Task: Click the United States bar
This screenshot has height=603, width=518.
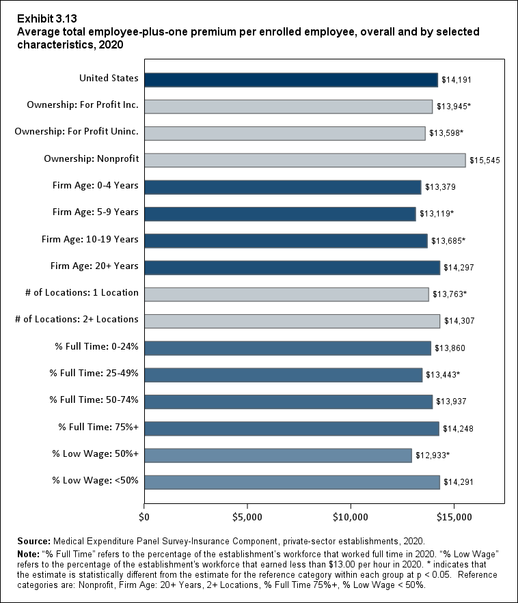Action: tap(290, 80)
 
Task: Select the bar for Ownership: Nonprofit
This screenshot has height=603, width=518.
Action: tap(305, 160)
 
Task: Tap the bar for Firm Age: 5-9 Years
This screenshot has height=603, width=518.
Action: tap(280, 214)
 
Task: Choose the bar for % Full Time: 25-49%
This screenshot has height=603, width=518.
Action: tap(283, 375)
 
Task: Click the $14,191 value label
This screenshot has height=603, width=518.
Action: tap(456, 80)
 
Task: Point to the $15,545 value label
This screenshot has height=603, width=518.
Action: tap(485, 160)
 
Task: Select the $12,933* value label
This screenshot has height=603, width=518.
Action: tap(433, 455)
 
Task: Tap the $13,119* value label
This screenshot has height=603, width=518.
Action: tap(437, 214)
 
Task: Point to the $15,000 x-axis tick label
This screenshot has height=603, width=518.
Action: tap(454, 517)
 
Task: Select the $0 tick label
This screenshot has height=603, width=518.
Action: tap(144, 517)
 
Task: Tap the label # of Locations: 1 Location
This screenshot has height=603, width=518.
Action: tap(82, 292)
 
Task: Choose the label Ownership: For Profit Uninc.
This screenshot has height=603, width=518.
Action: tap(77, 132)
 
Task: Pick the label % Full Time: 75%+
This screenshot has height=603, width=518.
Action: tap(98, 427)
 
